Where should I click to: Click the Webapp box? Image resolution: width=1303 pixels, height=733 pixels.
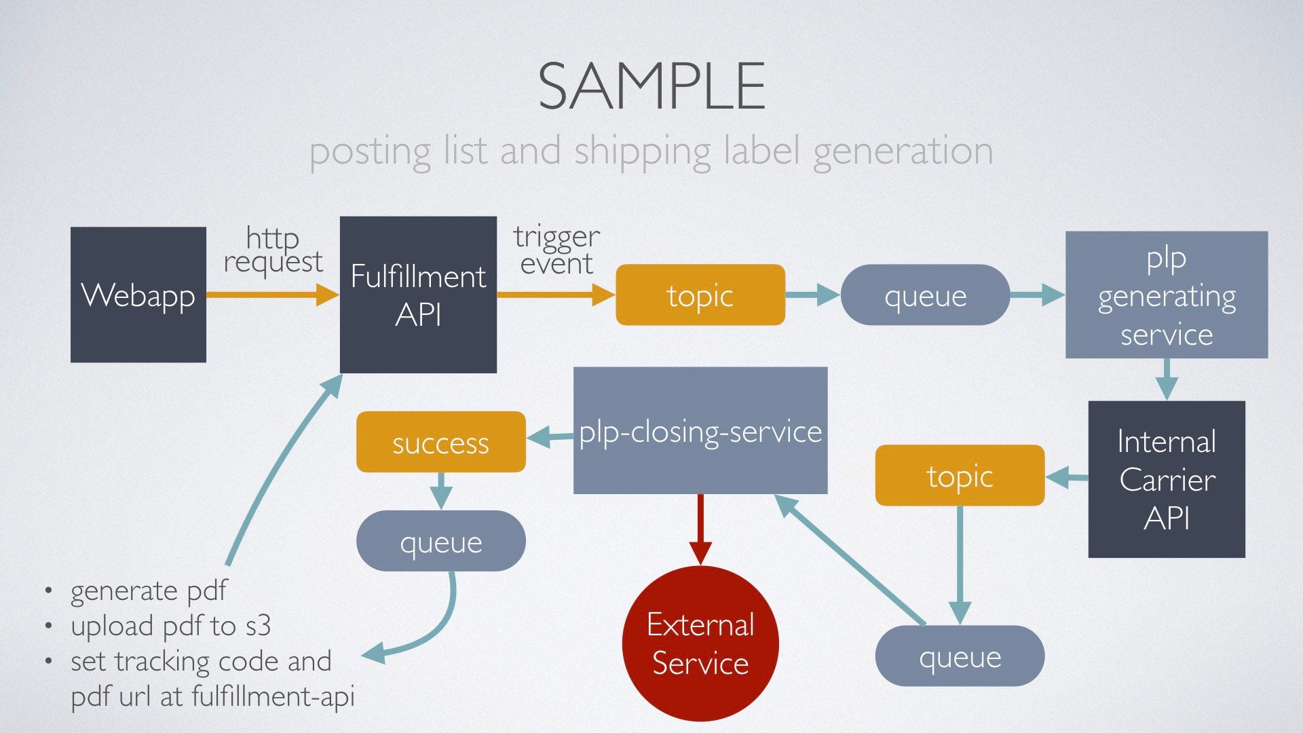[x=138, y=295]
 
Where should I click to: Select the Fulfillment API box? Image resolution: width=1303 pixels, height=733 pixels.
[x=418, y=295]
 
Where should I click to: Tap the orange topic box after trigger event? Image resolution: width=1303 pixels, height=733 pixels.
[x=700, y=295]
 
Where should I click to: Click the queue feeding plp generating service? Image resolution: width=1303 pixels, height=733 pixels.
[x=925, y=295]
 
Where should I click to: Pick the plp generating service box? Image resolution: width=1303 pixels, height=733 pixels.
[x=1166, y=295]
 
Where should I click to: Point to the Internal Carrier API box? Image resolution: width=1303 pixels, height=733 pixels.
[x=1166, y=479]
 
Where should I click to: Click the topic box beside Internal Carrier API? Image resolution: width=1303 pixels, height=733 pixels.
[x=960, y=475]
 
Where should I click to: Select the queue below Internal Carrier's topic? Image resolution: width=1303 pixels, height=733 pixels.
[x=960, y=656]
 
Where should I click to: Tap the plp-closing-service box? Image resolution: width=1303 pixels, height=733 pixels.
[x=700, y=430]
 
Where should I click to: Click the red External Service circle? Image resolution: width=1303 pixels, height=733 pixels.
[x=700, y=643]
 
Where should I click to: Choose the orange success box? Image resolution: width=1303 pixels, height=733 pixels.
[x=441, y=442]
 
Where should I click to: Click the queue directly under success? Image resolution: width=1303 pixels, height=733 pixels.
[x=441, y=541]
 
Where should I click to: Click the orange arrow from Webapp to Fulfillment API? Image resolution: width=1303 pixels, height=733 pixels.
[x=271, y=295]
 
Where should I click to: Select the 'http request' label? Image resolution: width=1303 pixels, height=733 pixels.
[x=273, y=250]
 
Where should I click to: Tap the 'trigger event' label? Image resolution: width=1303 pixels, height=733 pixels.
[x=556, y=250]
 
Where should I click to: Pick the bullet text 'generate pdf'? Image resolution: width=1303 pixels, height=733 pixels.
[x=149, y=590]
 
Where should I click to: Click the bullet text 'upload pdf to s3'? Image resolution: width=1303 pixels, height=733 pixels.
[x=171, y=626]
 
